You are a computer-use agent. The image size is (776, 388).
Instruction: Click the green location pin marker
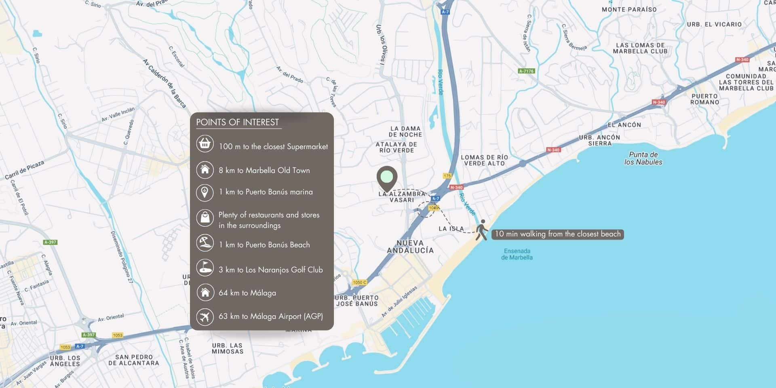[x=387, y=177]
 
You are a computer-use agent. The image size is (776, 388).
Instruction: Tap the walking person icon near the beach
[x=481, y=230]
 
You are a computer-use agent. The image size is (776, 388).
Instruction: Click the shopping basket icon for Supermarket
[x=205, y=144]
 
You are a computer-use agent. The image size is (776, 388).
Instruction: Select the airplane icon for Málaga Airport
[x=205, y=316]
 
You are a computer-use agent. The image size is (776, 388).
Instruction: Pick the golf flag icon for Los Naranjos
[x=205, y=268]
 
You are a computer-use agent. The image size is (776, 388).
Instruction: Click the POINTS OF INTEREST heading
[x=237, y=122]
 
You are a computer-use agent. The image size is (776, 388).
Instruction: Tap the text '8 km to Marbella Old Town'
[x=264, y=170]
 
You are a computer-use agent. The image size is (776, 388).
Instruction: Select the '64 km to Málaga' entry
[x=247, y=293]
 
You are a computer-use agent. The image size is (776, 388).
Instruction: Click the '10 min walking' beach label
[x=557, y=234]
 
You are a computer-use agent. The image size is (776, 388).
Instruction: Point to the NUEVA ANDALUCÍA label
[x=410, y=247]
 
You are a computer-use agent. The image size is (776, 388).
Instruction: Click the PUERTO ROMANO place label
[x=705, y=99]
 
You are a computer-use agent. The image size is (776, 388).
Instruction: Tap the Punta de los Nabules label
[x=643, y=158]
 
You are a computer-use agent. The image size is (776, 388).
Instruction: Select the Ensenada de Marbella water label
[x=517, y=254]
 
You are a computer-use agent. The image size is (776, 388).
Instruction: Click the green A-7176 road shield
[x=526, y=71]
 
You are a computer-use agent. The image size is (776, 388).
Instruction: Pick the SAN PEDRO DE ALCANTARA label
[x=133, y=360]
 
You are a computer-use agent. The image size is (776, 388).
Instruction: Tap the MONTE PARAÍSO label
[x=629, y=9]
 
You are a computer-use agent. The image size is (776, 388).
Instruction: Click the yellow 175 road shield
[x=447, y=176]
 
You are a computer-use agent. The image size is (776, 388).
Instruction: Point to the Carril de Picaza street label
[x=24, y=170]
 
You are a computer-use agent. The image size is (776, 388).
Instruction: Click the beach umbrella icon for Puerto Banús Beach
[x=205, y=243]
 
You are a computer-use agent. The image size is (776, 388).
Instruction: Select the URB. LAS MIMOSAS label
[x=228, y=348]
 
